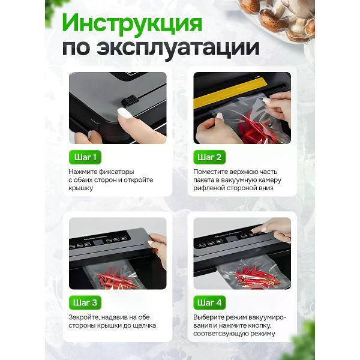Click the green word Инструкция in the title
tap(132, 23)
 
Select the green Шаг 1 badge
tap(85, 157)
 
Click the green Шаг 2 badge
tap(209, 157)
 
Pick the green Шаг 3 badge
tap(85, 302)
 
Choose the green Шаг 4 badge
tap(209, 302)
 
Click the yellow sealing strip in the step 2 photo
tap(230, 92)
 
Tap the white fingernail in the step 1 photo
tap(125, 113)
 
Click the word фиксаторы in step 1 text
tap(116, 172)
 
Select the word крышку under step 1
tap(80, 188)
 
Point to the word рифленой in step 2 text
tap(209, 188)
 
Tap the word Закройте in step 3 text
tap(84, 317)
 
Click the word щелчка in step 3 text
tap(144, 326)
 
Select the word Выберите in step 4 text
tap(208, 317)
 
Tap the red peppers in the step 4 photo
tap(255, 275)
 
